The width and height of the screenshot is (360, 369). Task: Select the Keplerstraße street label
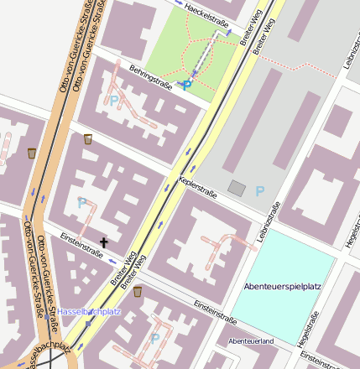coord(198,187)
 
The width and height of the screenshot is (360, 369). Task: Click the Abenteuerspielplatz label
coord(283,287)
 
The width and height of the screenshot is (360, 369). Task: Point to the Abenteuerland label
coord(251,341)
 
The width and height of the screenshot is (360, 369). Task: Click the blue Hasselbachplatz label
coord(90,312)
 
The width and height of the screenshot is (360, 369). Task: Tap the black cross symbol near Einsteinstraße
coord(104,242)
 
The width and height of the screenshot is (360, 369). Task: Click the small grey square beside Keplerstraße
coord(237,189)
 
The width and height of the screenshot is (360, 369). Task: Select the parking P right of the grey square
coord(260,190)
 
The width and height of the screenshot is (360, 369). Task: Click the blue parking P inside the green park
coord(186,84)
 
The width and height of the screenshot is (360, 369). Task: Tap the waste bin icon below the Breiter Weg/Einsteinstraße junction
coord(138,291)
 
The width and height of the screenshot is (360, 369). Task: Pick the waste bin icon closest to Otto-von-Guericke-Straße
coord(32,153)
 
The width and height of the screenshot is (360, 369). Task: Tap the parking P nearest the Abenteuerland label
coord(155,338)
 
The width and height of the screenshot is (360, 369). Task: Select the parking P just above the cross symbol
coord(81,203)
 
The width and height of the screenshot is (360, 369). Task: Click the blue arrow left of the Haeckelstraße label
coord(178,3)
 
